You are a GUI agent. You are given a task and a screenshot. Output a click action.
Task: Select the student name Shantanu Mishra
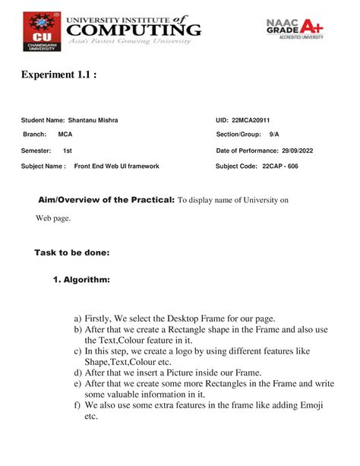(x=93, y=120)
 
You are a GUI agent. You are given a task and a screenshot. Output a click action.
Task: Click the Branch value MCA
(x=65, y=135)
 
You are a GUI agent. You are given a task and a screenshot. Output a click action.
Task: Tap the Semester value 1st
(x=67, y=151)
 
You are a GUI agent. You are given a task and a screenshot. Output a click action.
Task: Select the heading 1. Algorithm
(x=81, y=281)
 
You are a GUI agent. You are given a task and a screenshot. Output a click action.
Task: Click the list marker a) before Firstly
(x=77, y=318)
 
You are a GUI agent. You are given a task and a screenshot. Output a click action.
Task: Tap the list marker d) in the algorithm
(x=77, y=372)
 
